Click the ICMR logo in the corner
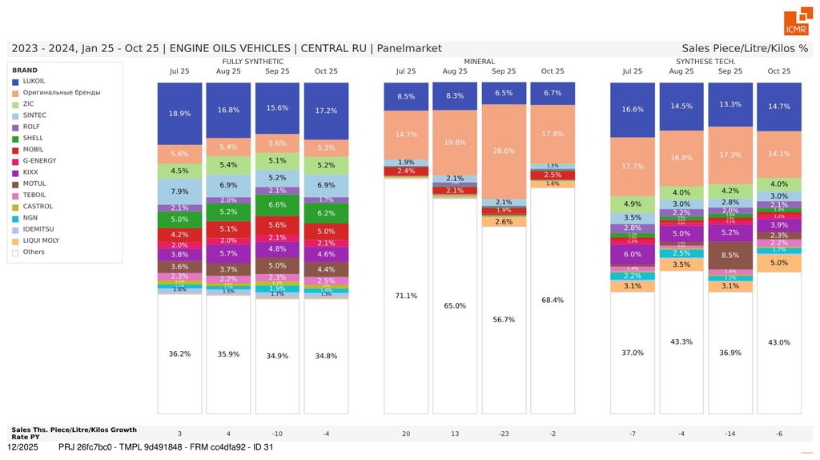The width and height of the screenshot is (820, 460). tap(796, 23)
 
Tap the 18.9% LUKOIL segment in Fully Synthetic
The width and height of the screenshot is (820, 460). tap(180, 114)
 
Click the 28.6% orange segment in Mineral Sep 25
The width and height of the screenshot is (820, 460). tap(504, 151)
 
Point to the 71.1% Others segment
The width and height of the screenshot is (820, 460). tap(406, 296)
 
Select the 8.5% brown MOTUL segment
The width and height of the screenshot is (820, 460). tap(730, 255)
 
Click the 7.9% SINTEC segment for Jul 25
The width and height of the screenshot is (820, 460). tap(180, 191)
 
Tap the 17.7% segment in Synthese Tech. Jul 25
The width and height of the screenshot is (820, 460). tap(633, 167)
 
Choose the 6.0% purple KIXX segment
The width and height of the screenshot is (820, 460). tap(633, 253)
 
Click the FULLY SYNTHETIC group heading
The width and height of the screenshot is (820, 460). tap(253, 61)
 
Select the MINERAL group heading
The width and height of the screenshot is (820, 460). tap(479, 61)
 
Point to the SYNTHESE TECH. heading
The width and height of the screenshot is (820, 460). tap(705, 61)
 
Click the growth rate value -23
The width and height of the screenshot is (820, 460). tap(504, 434)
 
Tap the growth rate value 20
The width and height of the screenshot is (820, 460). tap(406, 434)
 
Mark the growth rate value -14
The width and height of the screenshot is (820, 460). tap(730, 434)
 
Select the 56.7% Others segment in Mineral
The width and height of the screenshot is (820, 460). tap(504, 319)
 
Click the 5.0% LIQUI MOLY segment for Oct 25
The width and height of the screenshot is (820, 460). tap(779, 263)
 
